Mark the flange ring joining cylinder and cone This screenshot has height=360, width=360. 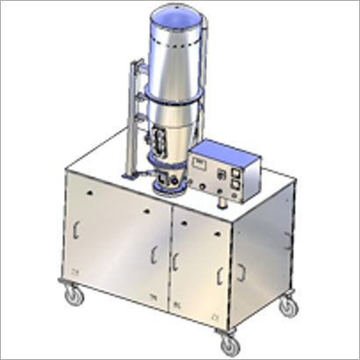tap(176, 104)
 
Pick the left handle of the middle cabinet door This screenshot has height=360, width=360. tap(177, 258)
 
